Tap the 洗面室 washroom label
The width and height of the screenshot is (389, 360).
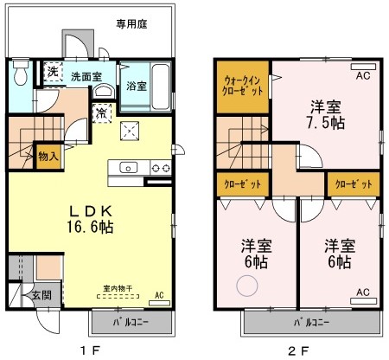click(86, 76)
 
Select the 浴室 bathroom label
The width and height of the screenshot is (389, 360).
click(137, 87)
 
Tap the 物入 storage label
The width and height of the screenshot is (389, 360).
click(48, 157)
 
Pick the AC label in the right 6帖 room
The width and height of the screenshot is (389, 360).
click(362, 292)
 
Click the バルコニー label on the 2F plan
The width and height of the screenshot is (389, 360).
click(310, 324)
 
